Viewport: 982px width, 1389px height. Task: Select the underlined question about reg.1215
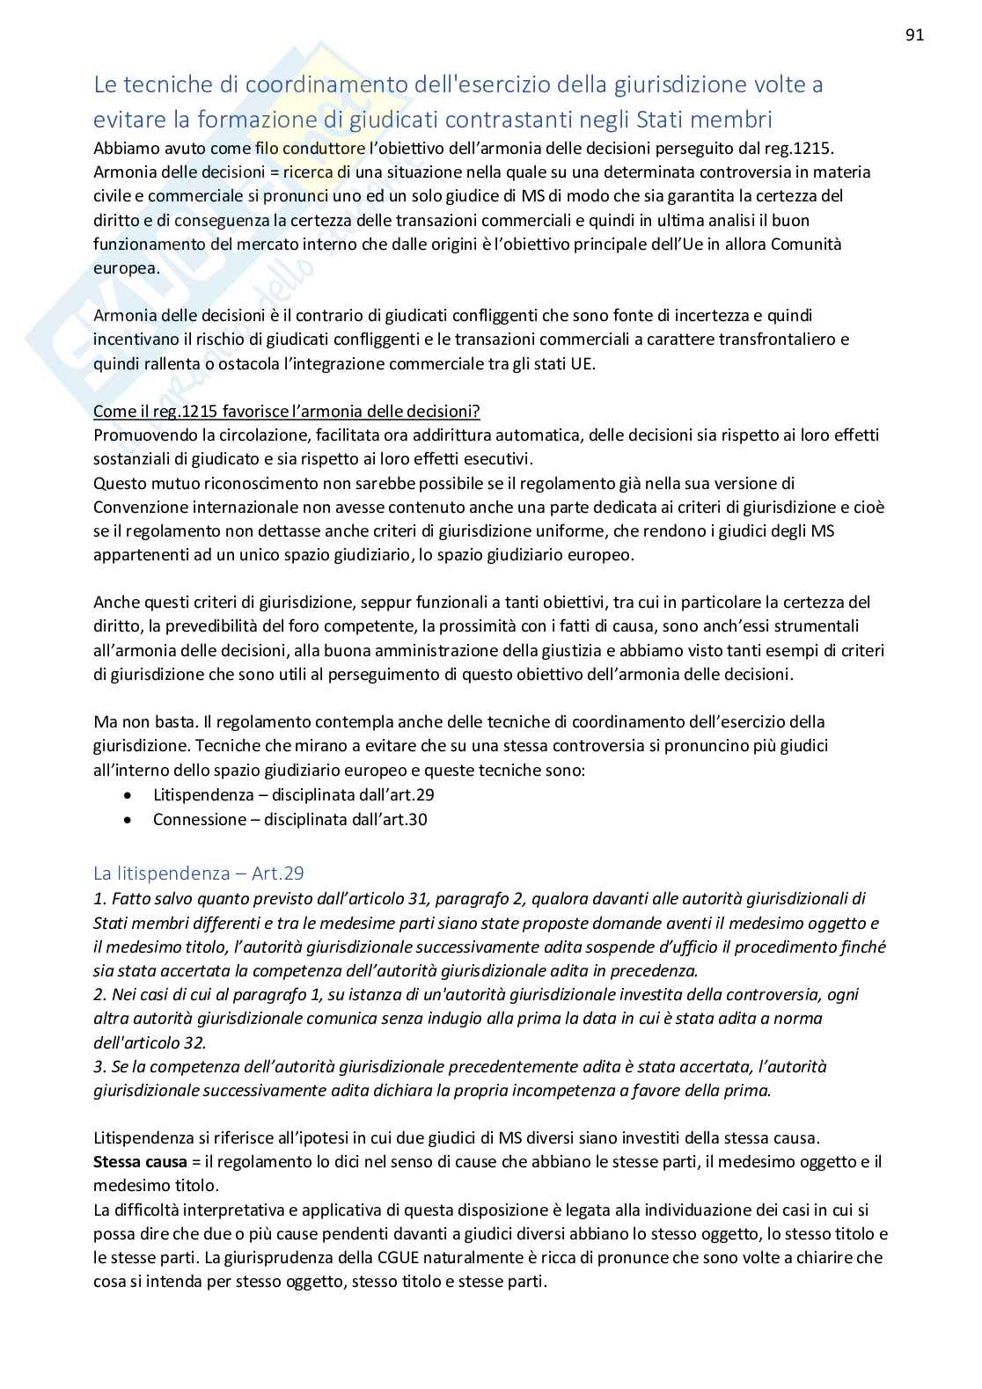[287, 411]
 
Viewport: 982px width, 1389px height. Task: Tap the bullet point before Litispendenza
[129, 795]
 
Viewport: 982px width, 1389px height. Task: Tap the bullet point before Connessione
[129, 820]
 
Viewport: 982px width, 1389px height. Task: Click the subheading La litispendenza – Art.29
[199, 873]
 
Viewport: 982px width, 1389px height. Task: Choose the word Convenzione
[138, 507]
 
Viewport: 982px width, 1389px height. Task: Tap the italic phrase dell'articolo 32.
[150, 1042]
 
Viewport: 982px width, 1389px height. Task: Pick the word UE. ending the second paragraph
[583, 363]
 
